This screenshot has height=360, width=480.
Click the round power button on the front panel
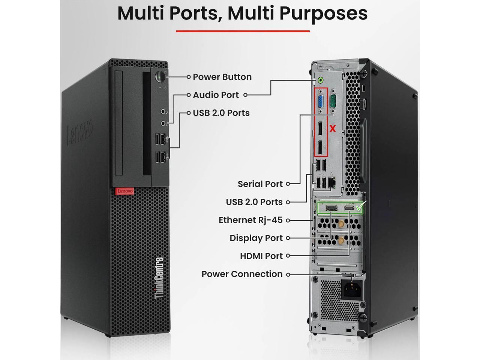tap(160, 76)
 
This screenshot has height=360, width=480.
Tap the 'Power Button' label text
tap(222, 77)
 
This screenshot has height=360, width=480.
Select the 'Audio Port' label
tap(216, 95)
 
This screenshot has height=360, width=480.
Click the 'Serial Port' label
tap(260, 184)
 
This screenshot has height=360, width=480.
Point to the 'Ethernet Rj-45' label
tap(250, 220)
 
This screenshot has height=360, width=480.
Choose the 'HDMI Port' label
tap(261, 256)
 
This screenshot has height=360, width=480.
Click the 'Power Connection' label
tap(242, 274)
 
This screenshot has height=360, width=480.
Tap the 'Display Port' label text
tap(256, 238)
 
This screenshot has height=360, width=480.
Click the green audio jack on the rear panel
tap(320, 79)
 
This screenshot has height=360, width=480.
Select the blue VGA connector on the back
tap(321, 102)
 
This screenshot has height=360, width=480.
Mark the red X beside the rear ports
tap(333, 129)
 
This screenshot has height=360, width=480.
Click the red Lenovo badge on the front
tap(124, 191)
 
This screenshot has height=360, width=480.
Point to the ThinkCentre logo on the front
tap(159, 278)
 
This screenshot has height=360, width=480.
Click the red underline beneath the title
tap(243, 31)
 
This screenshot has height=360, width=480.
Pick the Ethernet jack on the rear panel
tap(331, 182)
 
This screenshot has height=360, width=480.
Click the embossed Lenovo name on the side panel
tap(79, 133)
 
